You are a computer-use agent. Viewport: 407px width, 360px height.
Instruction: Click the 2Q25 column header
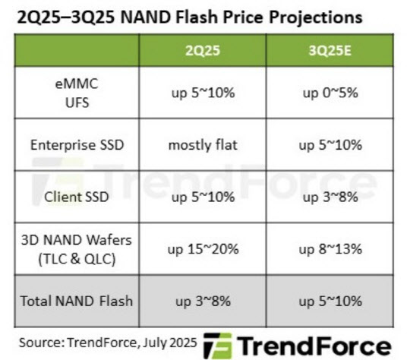point(203,50)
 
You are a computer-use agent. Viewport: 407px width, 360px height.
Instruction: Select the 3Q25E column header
point(330,50)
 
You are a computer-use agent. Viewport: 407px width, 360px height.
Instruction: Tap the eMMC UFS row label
point(77,93)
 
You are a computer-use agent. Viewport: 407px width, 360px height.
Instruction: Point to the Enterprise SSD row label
point(77,145)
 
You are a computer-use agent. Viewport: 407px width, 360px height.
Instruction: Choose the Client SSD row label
point(76,197)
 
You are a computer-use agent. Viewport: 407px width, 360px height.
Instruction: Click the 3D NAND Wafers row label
point(76,249)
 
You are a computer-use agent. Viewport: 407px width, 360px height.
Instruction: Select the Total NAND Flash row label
point(76,301)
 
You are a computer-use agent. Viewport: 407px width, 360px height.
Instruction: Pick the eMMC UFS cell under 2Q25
point(203,93)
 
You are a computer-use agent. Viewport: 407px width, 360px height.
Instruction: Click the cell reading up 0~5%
point(330,93)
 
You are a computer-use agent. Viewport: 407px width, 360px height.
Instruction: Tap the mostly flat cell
point(203,145)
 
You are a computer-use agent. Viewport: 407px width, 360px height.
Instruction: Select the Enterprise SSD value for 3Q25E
point(330,145)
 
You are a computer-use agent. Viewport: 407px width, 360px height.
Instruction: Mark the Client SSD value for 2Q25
point(203,197)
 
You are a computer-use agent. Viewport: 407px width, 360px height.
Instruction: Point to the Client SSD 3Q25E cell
point(330,197)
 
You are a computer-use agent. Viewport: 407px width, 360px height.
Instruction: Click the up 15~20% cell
point(203,249)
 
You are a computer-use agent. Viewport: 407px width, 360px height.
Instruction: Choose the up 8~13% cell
point(330,249)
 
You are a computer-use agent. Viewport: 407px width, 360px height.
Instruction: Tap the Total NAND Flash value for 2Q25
point(203,302)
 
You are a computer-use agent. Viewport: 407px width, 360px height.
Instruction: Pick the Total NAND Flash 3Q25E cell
point(330,302)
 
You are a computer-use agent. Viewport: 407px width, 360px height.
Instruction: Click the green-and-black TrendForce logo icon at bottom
point(217,346)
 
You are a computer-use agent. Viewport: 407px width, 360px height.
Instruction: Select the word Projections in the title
point(315,17)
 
